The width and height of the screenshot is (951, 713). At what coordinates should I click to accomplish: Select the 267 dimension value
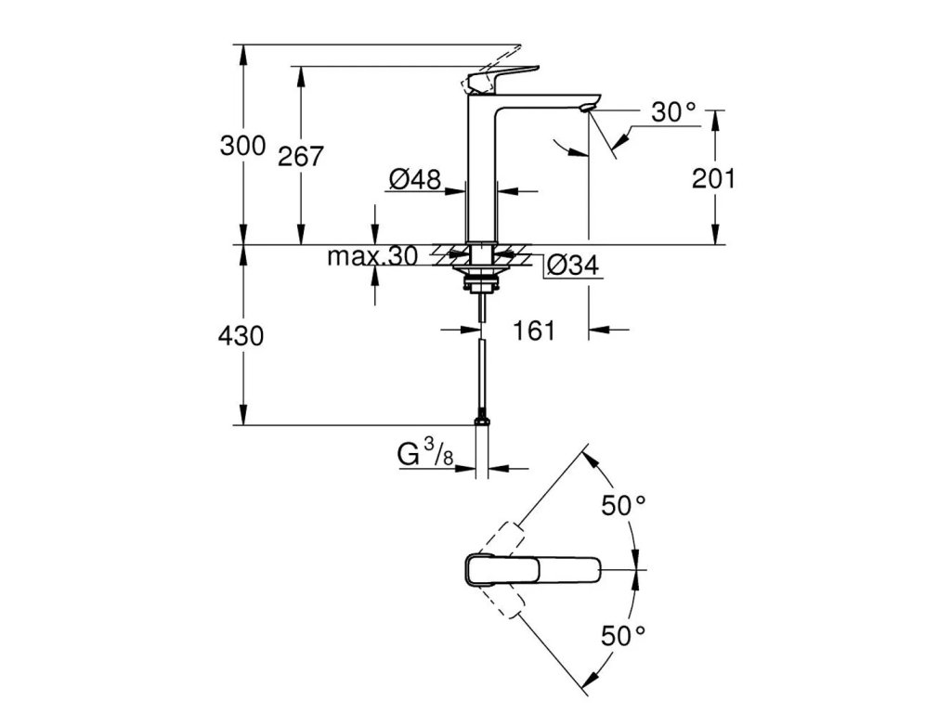tap(301, 157)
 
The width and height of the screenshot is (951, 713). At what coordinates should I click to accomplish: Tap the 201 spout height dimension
tap(713, 178)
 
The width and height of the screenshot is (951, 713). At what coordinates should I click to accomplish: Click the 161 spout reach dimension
tap(534, 330)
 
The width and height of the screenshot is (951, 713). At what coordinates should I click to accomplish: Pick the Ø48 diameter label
tap(415, 180)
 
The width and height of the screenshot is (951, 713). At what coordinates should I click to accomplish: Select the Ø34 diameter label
tap(571, 266)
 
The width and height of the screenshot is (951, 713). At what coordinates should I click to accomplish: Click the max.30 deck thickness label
tap(372, 256)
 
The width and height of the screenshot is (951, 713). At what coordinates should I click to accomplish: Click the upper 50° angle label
tap(622, 505)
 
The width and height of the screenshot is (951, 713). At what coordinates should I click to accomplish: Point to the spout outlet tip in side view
tap(586, 110)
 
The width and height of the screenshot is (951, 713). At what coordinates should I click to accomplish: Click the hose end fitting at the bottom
tap(481, 422)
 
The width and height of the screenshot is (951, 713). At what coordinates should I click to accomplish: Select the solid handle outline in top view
tap(533, 568)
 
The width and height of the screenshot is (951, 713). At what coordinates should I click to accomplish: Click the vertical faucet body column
tap(481, 176)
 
